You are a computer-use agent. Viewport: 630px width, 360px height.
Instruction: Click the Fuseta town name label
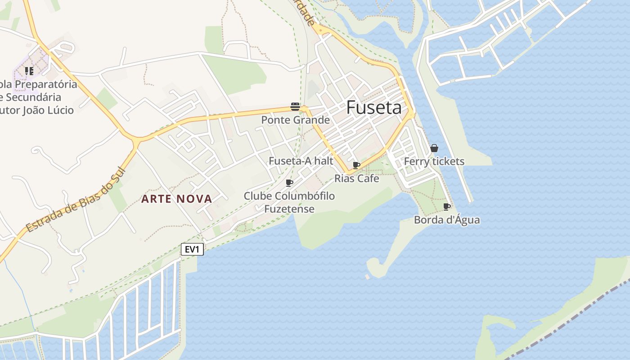[374, 108]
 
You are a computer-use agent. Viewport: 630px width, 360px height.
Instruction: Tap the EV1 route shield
[192, 249]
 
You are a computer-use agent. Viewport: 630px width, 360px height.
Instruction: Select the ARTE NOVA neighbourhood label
[176, 199]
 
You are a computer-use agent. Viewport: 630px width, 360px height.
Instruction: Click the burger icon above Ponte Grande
[295, 107]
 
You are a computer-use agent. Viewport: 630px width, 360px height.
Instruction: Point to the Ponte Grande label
[295, 120]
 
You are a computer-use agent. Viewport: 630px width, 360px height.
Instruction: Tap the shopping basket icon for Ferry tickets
[434, 148]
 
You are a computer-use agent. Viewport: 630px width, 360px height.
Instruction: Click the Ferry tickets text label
[434, 162]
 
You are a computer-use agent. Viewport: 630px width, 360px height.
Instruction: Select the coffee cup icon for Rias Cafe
[356, 165]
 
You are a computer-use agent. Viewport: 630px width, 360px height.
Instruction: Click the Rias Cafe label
[356, 179]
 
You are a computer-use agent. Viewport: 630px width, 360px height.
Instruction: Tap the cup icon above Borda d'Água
[446, 207]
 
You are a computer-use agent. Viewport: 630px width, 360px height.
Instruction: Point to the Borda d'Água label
[446, 220]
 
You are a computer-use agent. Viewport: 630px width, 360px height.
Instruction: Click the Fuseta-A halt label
[301, 161]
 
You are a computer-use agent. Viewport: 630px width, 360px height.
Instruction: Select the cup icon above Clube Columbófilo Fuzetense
[289, 183]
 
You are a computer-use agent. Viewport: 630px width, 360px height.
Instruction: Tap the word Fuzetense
[289, 209]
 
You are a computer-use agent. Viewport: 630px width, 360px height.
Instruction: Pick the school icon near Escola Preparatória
[29, 71]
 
